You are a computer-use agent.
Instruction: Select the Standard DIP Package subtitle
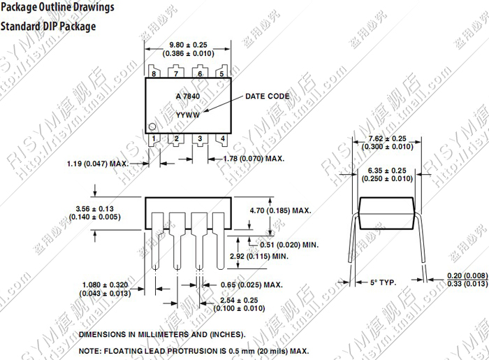tap(48, 27)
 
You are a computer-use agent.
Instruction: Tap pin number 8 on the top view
tap(154, 73)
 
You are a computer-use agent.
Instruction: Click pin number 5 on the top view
tap(222, 73)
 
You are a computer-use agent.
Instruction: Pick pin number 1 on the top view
tap(154, 138)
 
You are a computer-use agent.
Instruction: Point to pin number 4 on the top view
tap(222, 138)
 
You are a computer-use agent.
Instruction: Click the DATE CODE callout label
tap(267, 96)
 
